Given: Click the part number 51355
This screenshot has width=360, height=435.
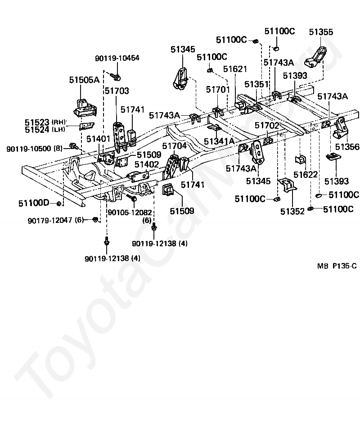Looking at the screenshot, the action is pyautogui.click(x=321, y=32).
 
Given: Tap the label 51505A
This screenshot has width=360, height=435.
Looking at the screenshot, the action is pyautogui.click(x=84, y=80).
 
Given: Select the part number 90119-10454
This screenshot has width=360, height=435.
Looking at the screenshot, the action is pyautogui.click(x=117, y=58).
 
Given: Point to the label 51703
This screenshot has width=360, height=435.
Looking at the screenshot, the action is pyautogui.click(x=117, y=91).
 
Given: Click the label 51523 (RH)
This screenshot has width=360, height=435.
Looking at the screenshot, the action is pyautogui.click(x=45, y=122).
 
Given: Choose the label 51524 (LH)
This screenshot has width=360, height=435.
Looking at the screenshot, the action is pyautogui.click(x=45, y=130).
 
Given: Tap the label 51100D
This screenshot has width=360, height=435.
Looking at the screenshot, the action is pyautogui.click(x=34, y=204).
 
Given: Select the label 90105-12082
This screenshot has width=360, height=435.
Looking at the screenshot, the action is pyautogui.click(x=130, y=213).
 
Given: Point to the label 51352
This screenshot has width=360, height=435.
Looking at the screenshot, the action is pyautogui.click(x=292, y=211).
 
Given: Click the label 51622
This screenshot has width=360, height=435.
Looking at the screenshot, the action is pyautogui.click(x=306, y=175).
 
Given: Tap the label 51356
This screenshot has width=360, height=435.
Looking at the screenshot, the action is pyautogui.click(x=347, y=147).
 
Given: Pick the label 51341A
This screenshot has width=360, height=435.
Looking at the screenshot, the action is pyautogui.click(x=219, y=141).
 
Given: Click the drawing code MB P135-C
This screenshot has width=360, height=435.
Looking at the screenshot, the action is pyautogui.click(x=337, y=266).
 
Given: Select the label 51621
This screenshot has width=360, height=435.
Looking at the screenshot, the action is pyautogui.click(x=235, y=69).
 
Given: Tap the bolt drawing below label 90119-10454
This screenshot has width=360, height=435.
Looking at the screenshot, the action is pyautogui.click(x=116, y=76).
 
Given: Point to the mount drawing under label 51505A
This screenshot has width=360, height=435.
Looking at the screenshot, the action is pyautogui.click(x=85, y=108).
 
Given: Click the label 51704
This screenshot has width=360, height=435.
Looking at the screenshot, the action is pyautogui.click(x=174, y=145).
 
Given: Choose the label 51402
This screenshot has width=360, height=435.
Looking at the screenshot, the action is pyautogui.click(x=147, y=164).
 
